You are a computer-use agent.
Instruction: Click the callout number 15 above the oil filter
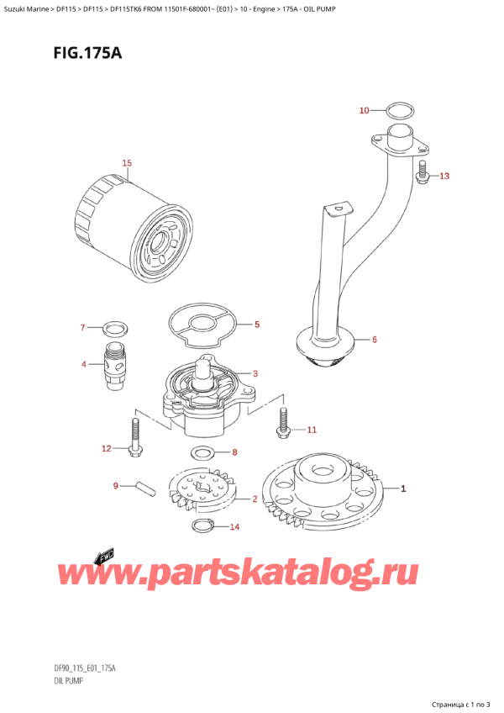(127, 162)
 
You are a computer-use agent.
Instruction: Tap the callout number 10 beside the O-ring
(364, 110)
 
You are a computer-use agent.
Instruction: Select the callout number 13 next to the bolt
(444, 176)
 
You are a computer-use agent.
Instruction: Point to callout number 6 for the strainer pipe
(374, 340)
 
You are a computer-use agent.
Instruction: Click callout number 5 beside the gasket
(257, 325)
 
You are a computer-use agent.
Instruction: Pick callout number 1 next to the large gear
(403, 488)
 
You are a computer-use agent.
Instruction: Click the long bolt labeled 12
(134, 435)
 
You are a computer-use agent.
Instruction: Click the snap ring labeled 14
(202, 526)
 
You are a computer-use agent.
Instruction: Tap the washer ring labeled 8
(202, 454)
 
